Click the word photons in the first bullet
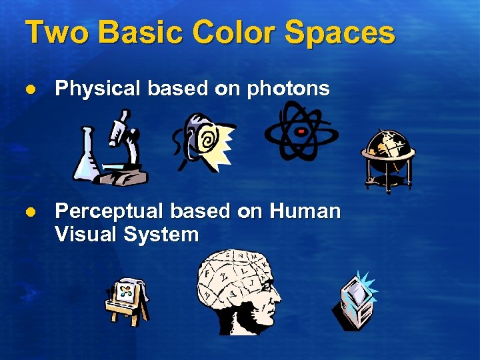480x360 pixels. [288, 89]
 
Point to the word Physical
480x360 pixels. [99, 89]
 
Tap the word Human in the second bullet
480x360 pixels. [305, 211]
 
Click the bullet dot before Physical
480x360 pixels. [30, 89]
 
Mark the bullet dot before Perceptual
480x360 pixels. [30, 211]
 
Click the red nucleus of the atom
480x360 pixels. [301, 131]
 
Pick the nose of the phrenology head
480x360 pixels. [278, 294]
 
